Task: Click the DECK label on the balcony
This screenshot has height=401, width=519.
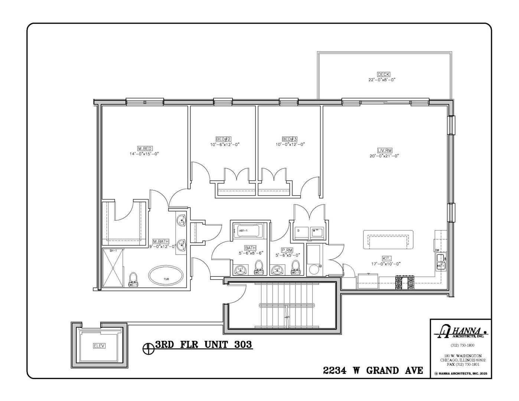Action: click(x=383, y=74)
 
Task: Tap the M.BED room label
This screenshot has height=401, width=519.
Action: click(x=145, y=148)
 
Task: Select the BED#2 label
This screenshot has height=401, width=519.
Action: click(x=223, y=139)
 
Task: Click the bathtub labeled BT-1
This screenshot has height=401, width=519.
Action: click(x=248, y=231)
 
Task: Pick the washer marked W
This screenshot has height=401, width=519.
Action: click(x=317, y=232)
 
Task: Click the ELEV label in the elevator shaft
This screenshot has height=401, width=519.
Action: click(x=99, y=346)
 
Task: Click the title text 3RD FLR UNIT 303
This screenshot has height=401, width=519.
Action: click(x=203, y=345)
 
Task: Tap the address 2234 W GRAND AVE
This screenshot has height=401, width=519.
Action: click(x=373, y=370)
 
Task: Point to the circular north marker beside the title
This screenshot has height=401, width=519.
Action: click(x=148, y=348)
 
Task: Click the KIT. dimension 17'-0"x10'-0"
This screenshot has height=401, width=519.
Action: click(x=386, y=264)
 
